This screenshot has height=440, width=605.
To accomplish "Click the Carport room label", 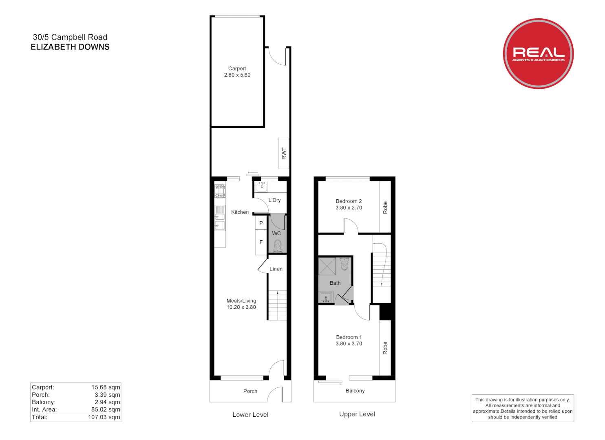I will click(237, 68).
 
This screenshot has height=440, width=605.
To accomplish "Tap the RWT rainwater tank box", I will click(284, 153).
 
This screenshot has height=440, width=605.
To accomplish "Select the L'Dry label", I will click(274, 200).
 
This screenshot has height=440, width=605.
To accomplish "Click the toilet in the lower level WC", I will click(278, 245).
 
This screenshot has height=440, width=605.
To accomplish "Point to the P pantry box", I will click(261, 223).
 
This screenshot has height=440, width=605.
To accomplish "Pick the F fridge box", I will click(261, 242).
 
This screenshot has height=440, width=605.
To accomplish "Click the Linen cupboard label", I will click(276, 269).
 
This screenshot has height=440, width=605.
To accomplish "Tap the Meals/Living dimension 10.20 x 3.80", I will click(241, 307).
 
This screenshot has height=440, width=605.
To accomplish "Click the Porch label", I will click(250, 391).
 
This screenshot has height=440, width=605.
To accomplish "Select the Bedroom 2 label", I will click(349, 201).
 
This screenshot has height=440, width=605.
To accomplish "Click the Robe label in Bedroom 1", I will click(385, 348).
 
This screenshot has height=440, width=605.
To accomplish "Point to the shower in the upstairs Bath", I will click(327, 266).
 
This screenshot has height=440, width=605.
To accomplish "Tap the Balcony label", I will click(355, 391).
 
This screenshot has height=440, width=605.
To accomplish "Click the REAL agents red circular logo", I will click(538, 53).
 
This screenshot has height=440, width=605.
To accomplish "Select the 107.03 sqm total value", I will click(104, 417).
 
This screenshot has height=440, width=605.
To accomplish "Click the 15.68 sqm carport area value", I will click(106, 387).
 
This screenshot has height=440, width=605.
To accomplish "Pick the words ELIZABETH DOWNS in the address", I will click(70, 47).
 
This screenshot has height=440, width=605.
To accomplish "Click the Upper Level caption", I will click(357, 414).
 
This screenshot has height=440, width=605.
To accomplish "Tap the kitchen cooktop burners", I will click(220, 191).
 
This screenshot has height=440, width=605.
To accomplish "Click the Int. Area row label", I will click(44, 409).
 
